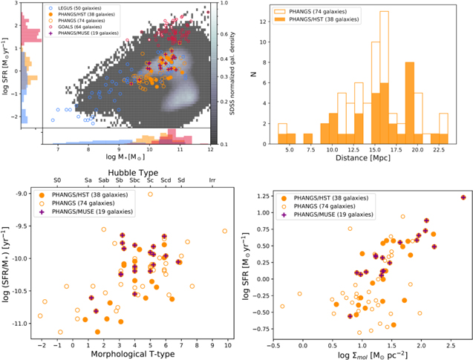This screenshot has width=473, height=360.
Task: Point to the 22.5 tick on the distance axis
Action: (x=439, y=148)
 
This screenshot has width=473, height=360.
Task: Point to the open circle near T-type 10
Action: (x=224, y=232)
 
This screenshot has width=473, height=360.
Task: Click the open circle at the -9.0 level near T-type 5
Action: (x=151, y=194)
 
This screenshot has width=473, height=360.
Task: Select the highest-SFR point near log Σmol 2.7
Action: (x=463, y=197)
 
